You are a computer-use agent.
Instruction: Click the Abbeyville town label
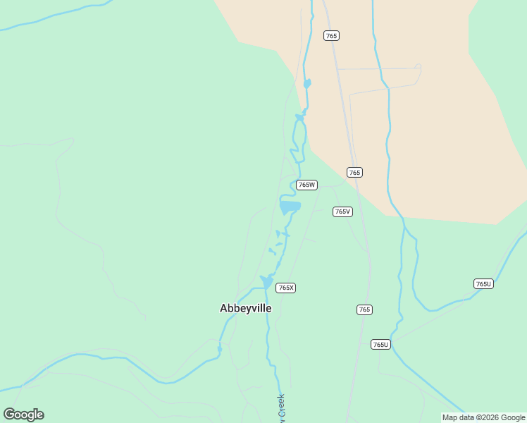[245, 308]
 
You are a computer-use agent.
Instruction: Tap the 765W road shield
[306, 185]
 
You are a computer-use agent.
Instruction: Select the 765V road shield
[342, 211]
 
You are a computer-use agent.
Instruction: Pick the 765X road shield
[285, 288]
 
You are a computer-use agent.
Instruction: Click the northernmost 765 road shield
[331, 35]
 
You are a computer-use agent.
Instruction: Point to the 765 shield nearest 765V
[354, 172]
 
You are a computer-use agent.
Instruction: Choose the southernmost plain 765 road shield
[364, 309]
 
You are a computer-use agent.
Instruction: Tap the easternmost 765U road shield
[483, 283]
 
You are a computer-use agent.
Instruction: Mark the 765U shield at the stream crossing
[380, 344]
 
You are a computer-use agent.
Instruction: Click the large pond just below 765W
[290, 207]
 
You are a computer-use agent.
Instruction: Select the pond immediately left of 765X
[266, 282]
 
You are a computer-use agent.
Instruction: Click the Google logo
[23, 415]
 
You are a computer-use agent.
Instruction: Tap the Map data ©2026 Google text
[483, 417]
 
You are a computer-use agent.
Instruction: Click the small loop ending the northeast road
[418, 67]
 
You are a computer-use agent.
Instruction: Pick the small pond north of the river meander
[306, 84]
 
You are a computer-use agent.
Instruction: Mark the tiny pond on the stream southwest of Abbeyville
[220, 348]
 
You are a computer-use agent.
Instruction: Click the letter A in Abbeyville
[224, 308]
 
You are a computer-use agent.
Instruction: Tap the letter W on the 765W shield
[312, 185]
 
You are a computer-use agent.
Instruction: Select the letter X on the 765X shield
[291, 288]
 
